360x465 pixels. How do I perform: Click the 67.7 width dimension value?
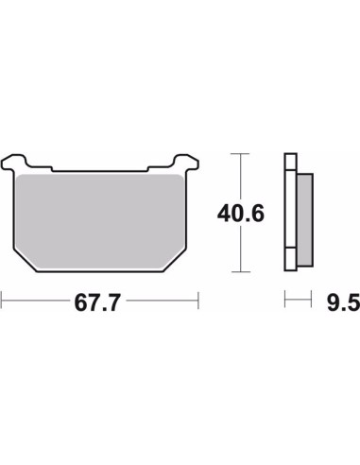[97, 302]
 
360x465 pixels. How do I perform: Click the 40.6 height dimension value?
[241, 214]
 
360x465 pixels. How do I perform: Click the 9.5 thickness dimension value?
[343, 302]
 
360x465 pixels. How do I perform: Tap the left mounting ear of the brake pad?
[14, 162]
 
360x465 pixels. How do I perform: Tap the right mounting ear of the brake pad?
[186, 162]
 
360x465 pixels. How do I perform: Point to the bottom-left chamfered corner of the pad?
[26, 260]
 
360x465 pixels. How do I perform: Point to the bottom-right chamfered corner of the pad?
[176, 260]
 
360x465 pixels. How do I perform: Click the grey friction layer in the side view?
[305, 220]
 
